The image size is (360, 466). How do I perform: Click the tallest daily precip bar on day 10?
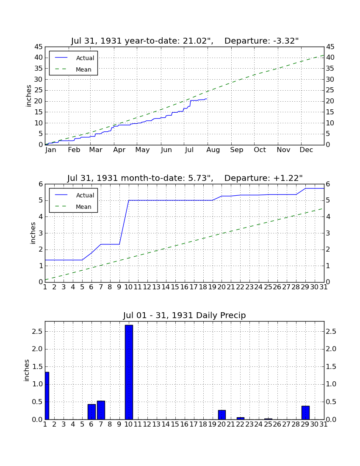[x=129, y=372]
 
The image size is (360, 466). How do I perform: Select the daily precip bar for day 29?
[x=305, y=413]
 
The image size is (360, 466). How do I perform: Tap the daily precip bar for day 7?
[x=101, y=410]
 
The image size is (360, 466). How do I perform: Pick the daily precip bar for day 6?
[x=91, y=412]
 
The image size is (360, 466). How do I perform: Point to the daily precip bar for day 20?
[x=222, y=415]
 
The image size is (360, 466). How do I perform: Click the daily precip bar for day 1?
[x=47, y=396]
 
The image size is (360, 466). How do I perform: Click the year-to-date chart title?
[x=185, y=41]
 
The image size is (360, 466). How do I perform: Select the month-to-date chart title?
[x=185, y=178]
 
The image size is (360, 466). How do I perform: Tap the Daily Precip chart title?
[x=185, y=315]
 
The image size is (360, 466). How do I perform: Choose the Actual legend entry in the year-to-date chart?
[x=75, y=58]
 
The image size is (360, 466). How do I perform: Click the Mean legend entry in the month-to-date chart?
[x=73, y=207]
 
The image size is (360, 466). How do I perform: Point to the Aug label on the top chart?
[x=213, y=150]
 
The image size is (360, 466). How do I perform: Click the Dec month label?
[x=306, y=150]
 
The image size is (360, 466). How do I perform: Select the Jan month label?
[x=50, y=150]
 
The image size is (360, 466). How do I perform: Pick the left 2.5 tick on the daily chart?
[x=38, y=331]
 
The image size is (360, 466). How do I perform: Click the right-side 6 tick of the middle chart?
[x=328, y=184]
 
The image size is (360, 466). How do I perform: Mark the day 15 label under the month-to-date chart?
[x=175, y=287]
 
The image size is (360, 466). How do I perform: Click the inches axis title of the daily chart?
[x=27, y=370]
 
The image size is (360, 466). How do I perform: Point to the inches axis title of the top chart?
[x=28, y=96]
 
